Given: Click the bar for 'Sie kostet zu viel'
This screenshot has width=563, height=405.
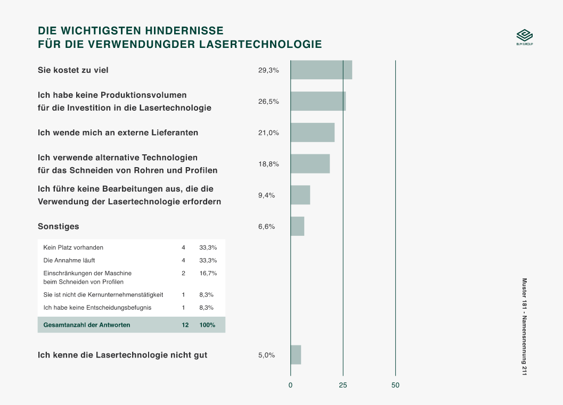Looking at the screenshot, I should (321, 70).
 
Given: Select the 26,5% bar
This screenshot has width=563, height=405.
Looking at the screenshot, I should (318, 101).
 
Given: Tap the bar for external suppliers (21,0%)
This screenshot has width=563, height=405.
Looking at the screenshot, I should (313, 133).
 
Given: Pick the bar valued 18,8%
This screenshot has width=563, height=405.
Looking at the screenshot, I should (310, 164).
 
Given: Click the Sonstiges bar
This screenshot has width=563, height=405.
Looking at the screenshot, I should (297, 226).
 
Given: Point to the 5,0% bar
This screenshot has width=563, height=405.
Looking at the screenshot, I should (296, 355).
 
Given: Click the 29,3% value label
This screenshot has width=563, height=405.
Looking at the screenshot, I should (268, 70).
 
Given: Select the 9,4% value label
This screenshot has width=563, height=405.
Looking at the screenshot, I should (266, 195).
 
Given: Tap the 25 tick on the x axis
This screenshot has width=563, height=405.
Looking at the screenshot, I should (343, 385).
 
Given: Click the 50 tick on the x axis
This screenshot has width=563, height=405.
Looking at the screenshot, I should (395, 385).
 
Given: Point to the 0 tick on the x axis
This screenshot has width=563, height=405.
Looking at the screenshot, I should (290, 385).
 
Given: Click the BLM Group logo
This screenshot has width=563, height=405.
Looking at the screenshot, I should (525, 37).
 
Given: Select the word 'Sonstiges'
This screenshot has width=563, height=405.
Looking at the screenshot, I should (59, 226).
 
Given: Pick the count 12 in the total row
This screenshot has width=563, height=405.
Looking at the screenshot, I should (185, 325).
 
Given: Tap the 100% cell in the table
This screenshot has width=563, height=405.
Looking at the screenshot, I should (207, 325).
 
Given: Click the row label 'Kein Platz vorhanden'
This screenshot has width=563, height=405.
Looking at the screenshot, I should (74, 247).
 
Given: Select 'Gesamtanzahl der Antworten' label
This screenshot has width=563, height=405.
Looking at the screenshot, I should (87, 325).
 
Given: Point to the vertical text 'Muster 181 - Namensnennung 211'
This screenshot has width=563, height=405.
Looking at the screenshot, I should (524, 327).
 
